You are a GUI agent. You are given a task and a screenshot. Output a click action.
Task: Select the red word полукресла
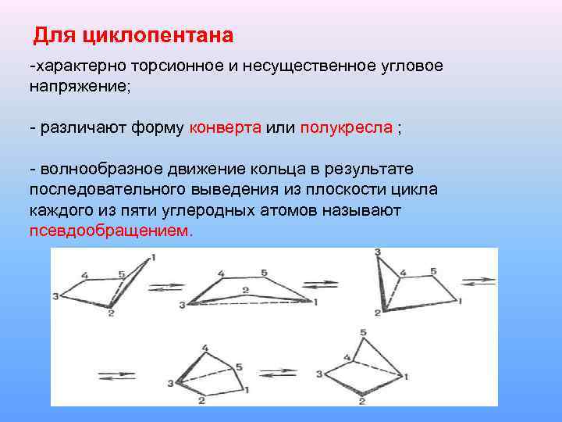(x=346, y=128)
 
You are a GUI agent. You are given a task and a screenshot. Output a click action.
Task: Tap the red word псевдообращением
(x=109, y=231)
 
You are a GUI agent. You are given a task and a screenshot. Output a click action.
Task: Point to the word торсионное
(x=176, y=66)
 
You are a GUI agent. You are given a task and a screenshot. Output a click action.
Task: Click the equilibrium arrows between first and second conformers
(x=165, y=287)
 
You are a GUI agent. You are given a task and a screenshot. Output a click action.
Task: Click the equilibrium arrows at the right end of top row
(x=478, y=281)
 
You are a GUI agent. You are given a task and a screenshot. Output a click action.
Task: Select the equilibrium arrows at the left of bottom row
(x=115, y=374)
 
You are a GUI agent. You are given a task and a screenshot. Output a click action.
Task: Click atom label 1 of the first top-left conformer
(x=153, y=257)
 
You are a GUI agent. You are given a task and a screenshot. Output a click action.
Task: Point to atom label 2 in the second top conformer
(x=245, y=290)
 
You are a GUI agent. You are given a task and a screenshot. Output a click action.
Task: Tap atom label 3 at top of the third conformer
(x=378, y=252)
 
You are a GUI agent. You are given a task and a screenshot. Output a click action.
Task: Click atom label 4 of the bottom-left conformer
(x=205, y=348)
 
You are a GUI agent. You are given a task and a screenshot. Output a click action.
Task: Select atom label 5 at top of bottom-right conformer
(x=363, y=333)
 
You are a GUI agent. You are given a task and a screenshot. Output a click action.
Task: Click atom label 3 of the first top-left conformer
(x=55, y=296)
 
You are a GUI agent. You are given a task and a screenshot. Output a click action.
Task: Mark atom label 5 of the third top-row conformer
(x=433, y=271)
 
